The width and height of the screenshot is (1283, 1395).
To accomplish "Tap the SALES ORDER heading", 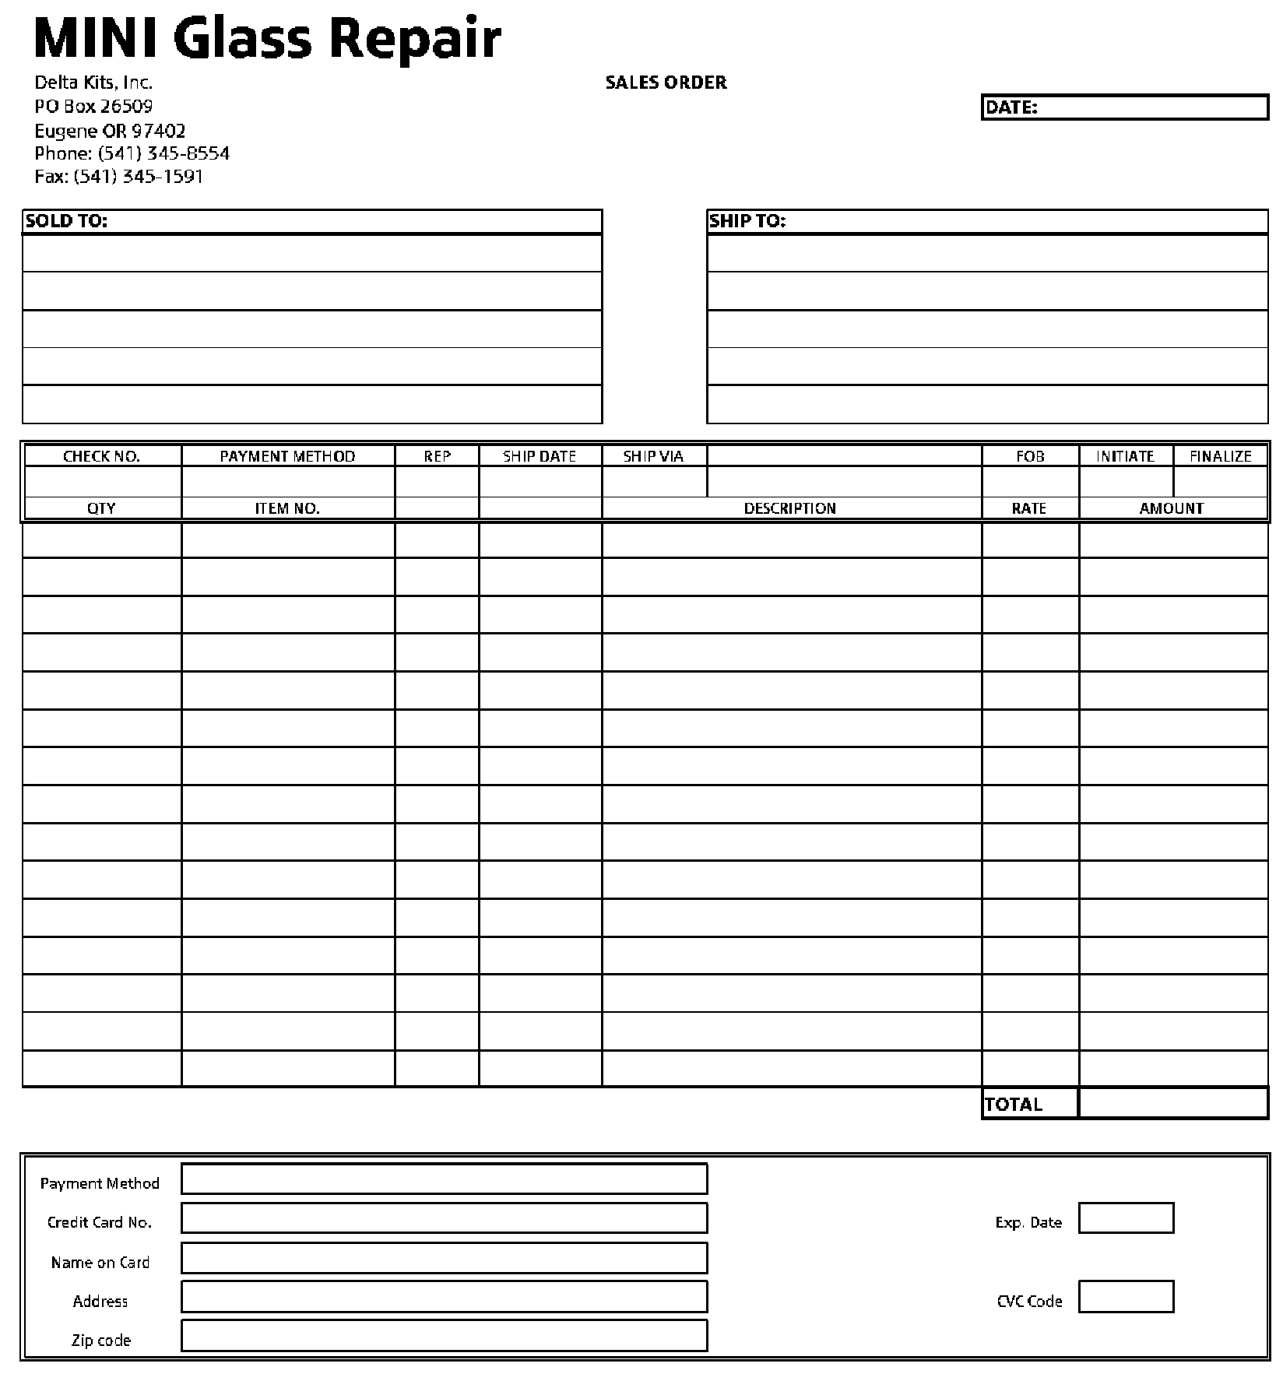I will (666, 83).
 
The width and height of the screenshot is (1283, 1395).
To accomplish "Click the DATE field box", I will (1152, 107).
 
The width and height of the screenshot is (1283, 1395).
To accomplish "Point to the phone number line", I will (132, 153).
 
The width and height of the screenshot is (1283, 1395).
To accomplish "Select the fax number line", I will (118, 177).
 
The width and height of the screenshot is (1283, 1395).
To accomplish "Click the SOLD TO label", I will (66, 221).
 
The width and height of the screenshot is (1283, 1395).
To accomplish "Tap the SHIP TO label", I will (747, 221).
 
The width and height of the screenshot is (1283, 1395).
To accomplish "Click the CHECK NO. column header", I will (101, 456).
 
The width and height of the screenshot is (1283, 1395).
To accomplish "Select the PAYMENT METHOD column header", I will (287, 456).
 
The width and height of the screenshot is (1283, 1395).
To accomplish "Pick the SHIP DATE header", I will (540, 456).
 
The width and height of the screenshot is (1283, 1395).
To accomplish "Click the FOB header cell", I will (1030, 456).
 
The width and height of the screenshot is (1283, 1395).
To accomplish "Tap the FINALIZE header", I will (1220, 456).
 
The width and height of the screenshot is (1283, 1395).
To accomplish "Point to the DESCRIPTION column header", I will (790, 508).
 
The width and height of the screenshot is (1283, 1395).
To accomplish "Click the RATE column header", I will (1029, 508).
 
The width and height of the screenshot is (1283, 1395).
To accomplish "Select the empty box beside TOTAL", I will (1173, 1103).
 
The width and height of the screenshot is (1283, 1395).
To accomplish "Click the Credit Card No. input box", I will (444, 1218).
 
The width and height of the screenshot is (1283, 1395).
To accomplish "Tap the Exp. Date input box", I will (1126, 1218).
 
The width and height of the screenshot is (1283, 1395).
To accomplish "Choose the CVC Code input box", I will (1126, 1297).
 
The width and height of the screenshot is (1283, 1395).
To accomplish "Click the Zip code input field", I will (444, 1336).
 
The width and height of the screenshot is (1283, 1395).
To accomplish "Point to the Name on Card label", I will (100, 1262).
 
